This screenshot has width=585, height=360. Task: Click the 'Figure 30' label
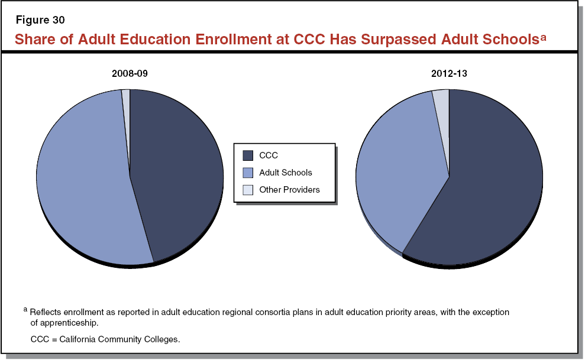point(40,20)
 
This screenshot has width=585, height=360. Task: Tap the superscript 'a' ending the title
point(542,37)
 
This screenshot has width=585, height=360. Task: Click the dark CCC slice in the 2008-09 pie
point(177,177)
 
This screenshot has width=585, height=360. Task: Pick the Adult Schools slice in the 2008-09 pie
point(83,177)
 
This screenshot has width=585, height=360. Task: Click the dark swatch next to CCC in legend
point(248,155)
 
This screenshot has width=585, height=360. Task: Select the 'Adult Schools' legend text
point(285,173)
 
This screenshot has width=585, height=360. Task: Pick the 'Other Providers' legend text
point(289,190)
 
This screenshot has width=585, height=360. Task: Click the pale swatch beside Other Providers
point(248,190)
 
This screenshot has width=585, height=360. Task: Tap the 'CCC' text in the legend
point(269,155)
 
